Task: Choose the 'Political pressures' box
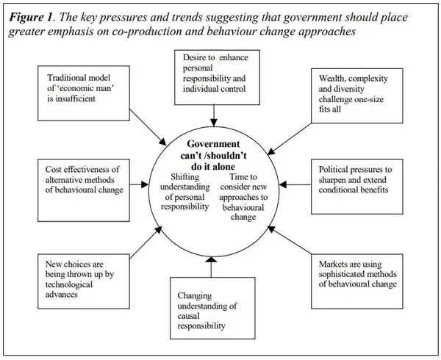[354, 179]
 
